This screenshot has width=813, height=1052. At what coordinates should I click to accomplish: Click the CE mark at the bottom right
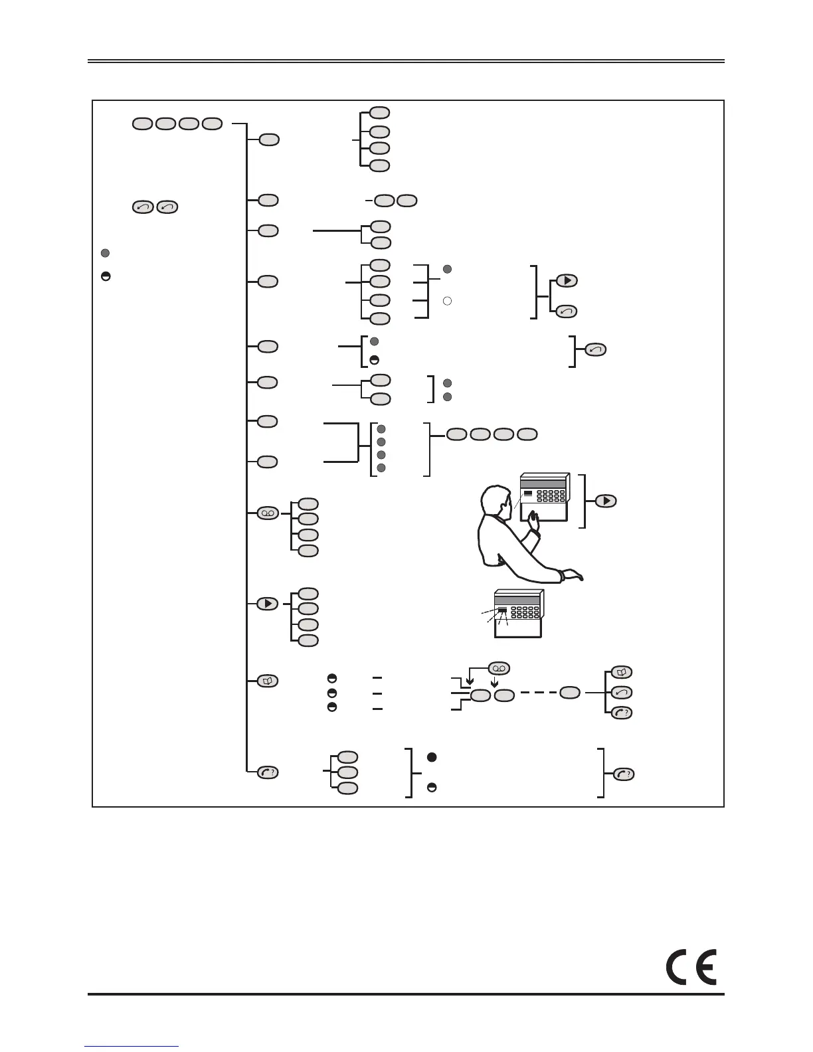691,969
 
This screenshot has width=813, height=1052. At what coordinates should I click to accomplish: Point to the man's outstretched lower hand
573,575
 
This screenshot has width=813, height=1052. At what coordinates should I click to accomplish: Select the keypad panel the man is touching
545,496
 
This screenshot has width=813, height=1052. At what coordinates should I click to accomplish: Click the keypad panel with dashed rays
519,614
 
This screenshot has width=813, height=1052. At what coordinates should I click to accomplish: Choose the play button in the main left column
268,604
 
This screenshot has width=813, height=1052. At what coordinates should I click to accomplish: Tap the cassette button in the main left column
268,513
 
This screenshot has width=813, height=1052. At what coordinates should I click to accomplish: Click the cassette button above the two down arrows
499,667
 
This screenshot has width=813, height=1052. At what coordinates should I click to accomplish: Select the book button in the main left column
268,681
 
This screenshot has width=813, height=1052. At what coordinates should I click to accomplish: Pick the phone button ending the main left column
268,772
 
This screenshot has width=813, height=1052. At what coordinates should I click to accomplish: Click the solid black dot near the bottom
431,757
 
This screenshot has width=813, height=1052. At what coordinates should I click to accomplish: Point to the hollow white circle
448,302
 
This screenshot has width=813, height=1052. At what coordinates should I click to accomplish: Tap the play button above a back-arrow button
567,280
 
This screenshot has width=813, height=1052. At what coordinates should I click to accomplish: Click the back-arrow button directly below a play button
567,310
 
